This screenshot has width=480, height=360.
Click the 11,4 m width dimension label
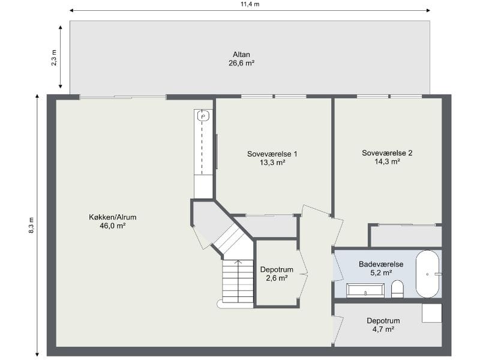click(250, 4)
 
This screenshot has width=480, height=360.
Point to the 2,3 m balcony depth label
click(54, 57)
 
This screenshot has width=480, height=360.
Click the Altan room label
click(241, 54)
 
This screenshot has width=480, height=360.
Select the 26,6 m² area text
click(241, 62)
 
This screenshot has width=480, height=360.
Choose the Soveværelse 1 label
click(272, 154)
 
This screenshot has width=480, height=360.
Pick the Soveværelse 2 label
click(387, 152)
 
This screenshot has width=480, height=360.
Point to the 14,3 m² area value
click(387, 161)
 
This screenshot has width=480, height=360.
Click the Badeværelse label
click(381, 264)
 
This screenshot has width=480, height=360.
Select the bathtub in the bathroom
click(428, 274)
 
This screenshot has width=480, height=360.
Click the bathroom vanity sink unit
click(365, 292)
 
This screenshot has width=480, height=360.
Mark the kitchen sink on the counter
click(203, 116)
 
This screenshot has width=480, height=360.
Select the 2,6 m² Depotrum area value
click(277, 278)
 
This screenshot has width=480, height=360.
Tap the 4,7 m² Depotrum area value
click(383, 329)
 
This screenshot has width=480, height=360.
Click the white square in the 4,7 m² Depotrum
click(431, 313)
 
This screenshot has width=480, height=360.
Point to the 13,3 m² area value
click(272, 163)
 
